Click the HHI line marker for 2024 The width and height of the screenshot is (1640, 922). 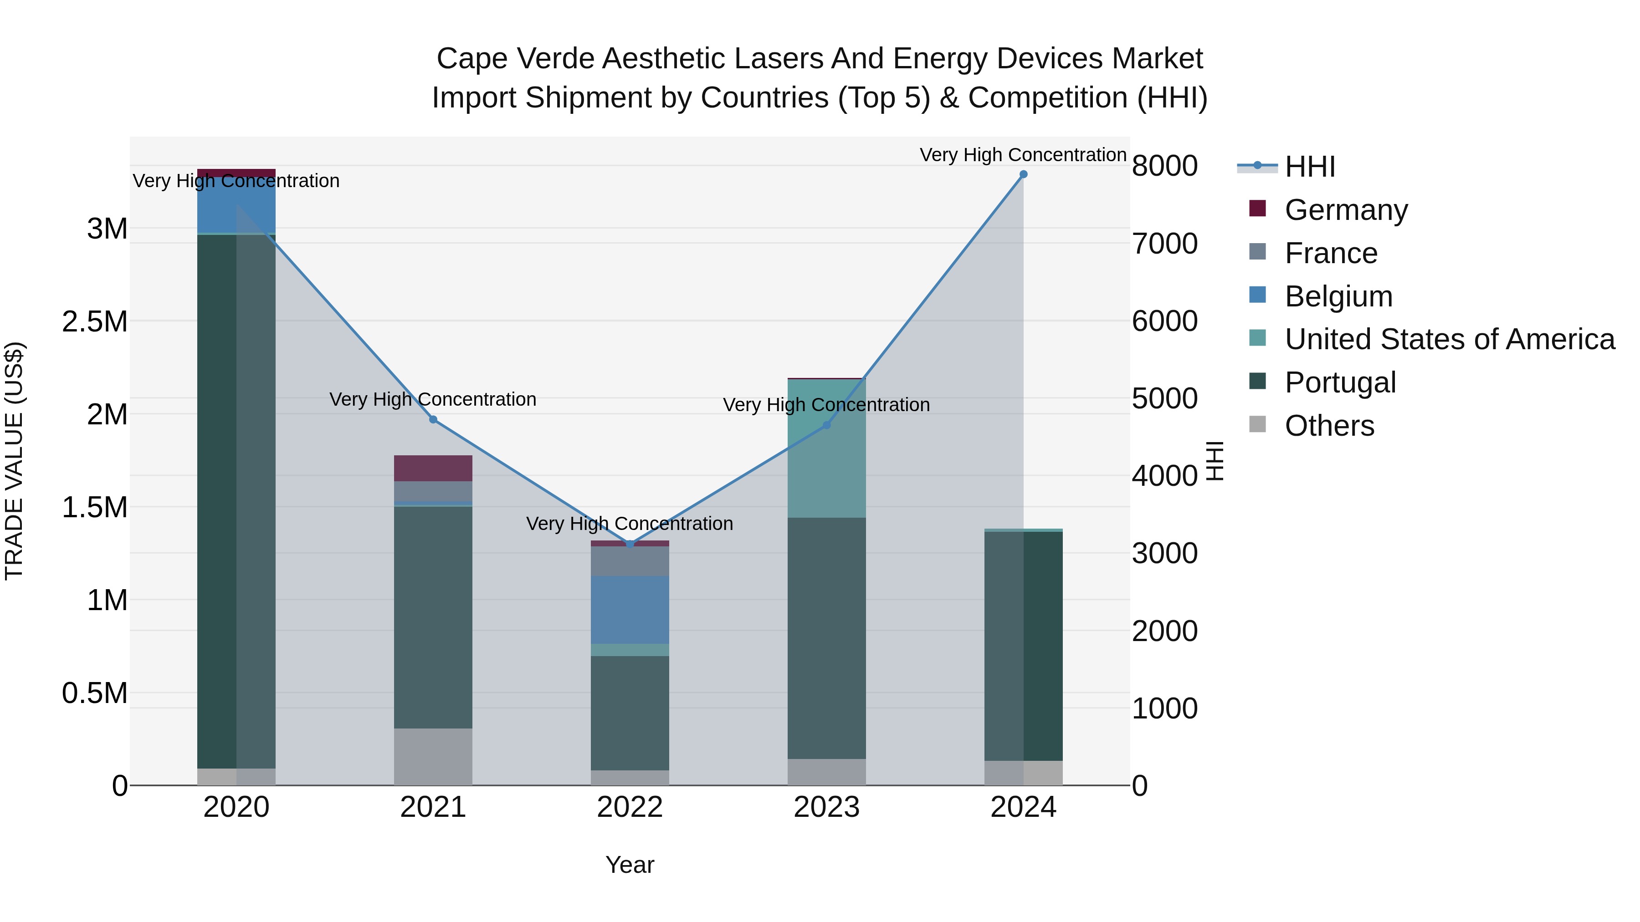coord(1023,174)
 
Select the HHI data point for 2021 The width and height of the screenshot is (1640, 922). coord(433,419)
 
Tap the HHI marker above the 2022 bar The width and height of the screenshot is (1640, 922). coord(630,544)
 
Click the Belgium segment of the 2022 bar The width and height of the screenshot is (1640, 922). coord(630,610)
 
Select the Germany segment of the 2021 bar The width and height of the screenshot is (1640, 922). coord(433,469)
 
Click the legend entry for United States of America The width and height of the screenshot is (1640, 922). coord(1449,339)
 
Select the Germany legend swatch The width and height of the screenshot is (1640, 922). coord(1257,208)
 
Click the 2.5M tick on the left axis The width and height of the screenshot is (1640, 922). coord(95,322)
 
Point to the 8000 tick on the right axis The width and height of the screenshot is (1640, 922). coord(1164,166)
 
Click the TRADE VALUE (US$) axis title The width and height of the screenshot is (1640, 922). coord(14,461)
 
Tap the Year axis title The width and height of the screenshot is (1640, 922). coord(630,865)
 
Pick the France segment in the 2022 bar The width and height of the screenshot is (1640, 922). coord(630,560)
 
